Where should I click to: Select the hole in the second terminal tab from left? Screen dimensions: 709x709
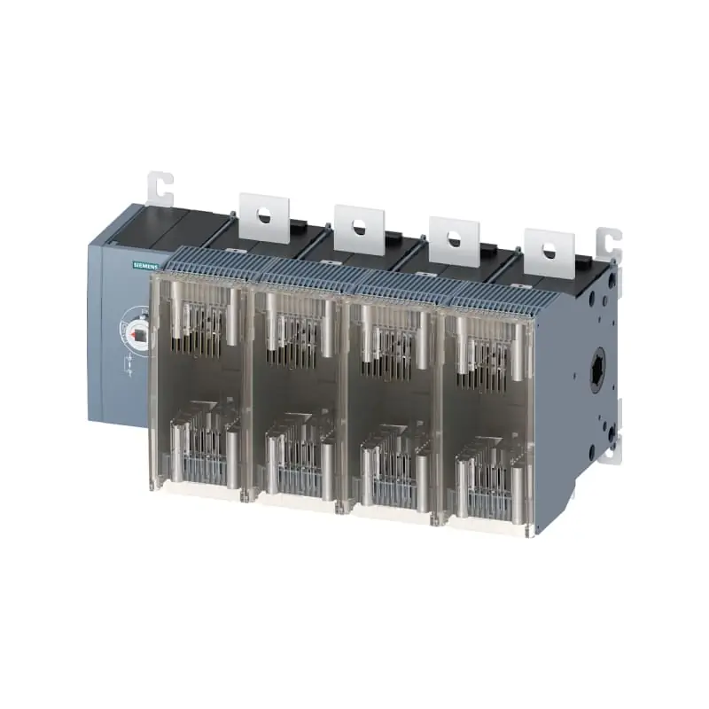(358, 227)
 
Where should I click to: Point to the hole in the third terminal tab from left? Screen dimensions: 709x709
(454, 238)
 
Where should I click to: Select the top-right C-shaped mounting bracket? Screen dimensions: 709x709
(609, 244)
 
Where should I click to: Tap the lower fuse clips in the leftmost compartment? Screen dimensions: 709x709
(204, 448)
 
